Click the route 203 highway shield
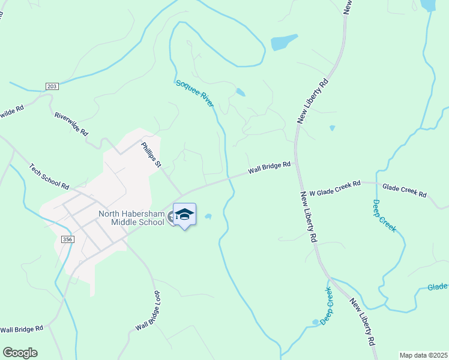[52, 87]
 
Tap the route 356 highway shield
[67, 239]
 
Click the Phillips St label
[151, 154]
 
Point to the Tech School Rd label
[49, 177]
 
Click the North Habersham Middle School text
[131, 218]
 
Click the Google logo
[20, 353]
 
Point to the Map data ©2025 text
[423, 355]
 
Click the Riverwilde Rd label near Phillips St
[71, 123]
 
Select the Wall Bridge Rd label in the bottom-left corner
[22, 329]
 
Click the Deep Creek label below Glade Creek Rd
[384, 216]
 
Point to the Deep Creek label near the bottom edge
[326, 306]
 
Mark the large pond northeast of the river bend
[283, 42]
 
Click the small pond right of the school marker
[208, 217]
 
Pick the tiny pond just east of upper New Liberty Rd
[332, 128]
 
